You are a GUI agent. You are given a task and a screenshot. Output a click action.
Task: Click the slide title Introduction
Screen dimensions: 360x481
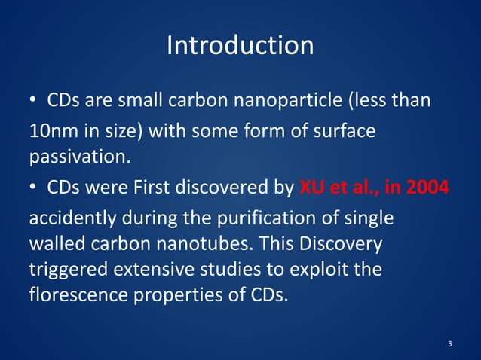(240, 46)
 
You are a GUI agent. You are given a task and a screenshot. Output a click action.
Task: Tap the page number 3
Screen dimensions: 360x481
(449, 344)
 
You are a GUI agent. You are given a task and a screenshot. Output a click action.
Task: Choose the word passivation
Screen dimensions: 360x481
(72, 158)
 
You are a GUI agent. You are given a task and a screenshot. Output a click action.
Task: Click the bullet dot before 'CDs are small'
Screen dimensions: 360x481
(33, 101)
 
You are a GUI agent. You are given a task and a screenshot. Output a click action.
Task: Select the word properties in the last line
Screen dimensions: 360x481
(176, 294)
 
